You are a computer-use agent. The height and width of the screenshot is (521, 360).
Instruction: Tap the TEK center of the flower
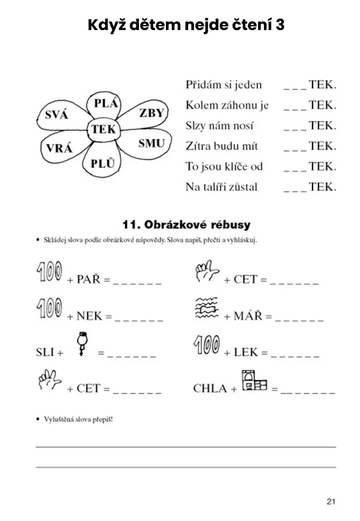(103, 129)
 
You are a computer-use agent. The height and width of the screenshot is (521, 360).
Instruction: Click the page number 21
(331, 501)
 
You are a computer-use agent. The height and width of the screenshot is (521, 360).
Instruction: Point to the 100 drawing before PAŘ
(49, 271)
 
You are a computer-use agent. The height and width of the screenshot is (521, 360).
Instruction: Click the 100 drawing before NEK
(49, 307)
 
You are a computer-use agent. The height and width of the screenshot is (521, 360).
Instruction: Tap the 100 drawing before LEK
(206, 344)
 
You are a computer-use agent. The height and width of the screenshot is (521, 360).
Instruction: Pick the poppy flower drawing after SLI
(82, 344)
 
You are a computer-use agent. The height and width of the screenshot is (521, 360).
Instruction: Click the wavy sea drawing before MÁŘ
(206, 308)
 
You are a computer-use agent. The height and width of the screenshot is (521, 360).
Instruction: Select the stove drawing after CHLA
(254, 380)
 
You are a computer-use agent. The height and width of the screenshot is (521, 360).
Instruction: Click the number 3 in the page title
(279, 25)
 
